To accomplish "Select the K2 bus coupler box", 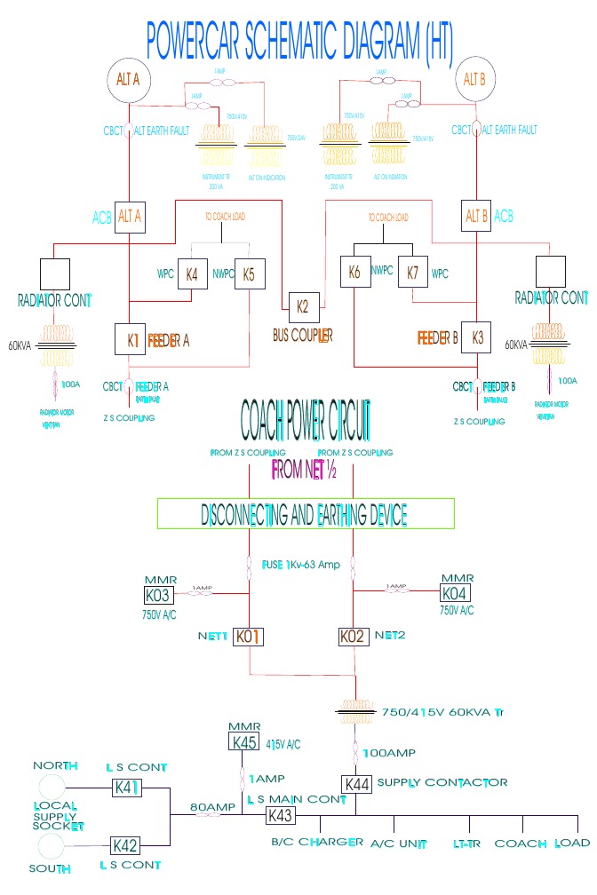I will point(302,308).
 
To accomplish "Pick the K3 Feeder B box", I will point(477,338).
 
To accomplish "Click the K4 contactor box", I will point(192,274).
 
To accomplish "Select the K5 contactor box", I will point(250,275).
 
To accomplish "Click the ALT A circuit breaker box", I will point(130,216).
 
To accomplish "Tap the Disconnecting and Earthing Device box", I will point(306,514).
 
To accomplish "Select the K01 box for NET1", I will point(249,637).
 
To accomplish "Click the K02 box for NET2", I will point(354,637).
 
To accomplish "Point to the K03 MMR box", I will point(158,594).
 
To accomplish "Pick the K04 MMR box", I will point(457,592).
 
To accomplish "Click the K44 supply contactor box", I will point(358,784).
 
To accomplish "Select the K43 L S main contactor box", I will point(280,815).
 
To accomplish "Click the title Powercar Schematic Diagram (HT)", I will point(298,37).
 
